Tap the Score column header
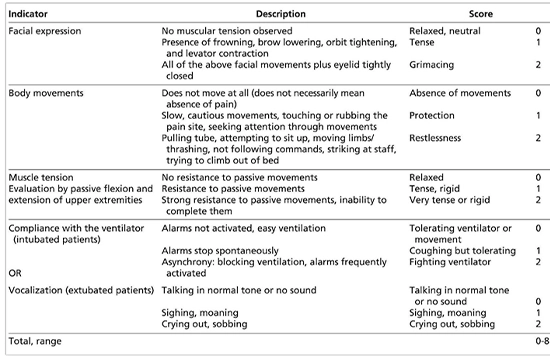coord(470,13)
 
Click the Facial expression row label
coord(45,32)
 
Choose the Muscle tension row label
coord(40,176)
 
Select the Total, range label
coord(35,341)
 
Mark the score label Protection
coord(430,116)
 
